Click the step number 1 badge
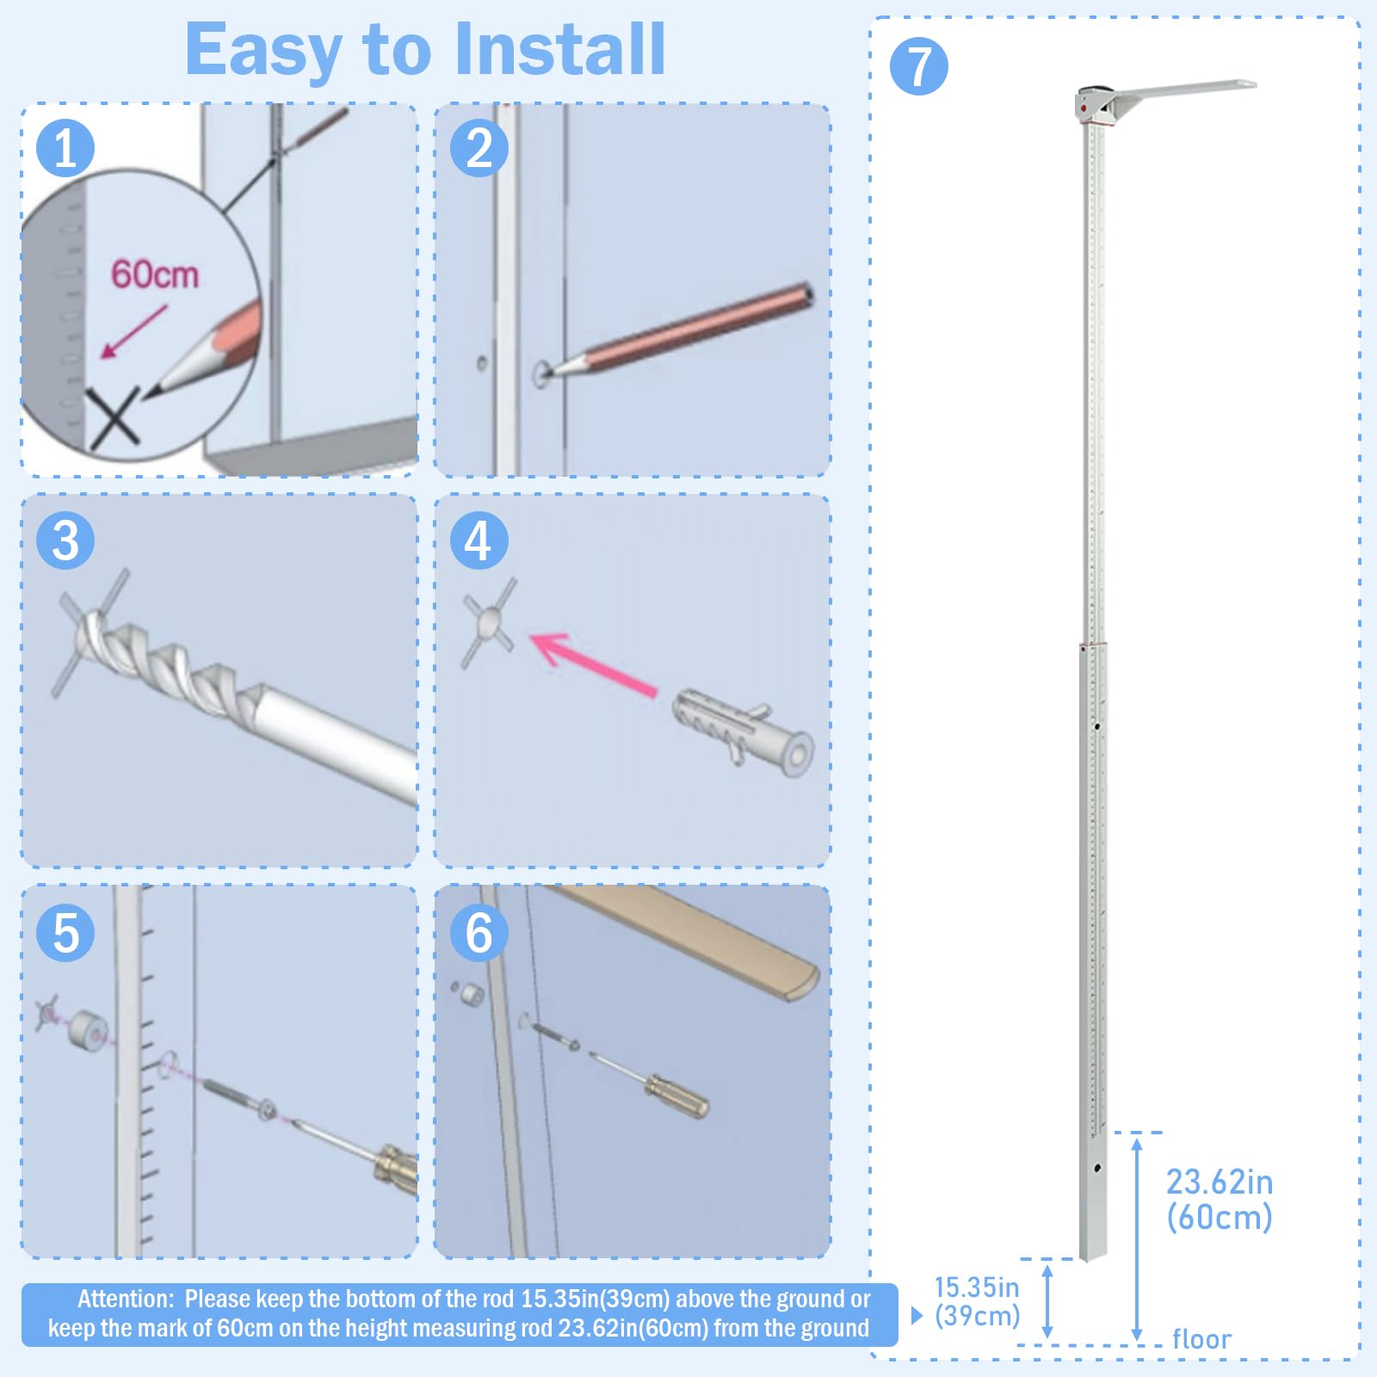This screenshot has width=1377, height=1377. (x=65, y=148)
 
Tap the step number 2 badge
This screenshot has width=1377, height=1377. (x=479, y=148)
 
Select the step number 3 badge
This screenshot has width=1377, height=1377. (x=65, y=540)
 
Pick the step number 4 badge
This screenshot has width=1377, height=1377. (x=479, y=540)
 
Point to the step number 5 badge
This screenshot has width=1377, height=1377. (x=65, y=933)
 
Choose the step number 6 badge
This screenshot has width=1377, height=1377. (x=479, y=933)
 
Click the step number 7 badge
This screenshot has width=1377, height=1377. (x=919, y=66)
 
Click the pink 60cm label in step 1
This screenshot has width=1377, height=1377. (x=155, y=275)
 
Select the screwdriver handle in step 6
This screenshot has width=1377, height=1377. (x=677, y=1096)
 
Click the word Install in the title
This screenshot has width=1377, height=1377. (x=560, y=49)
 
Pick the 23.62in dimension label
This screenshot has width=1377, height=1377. (x=1220, y=1182)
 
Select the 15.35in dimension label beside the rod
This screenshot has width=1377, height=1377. (x=977, y=1287)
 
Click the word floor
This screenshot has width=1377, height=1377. (x=1201, y=1339)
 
